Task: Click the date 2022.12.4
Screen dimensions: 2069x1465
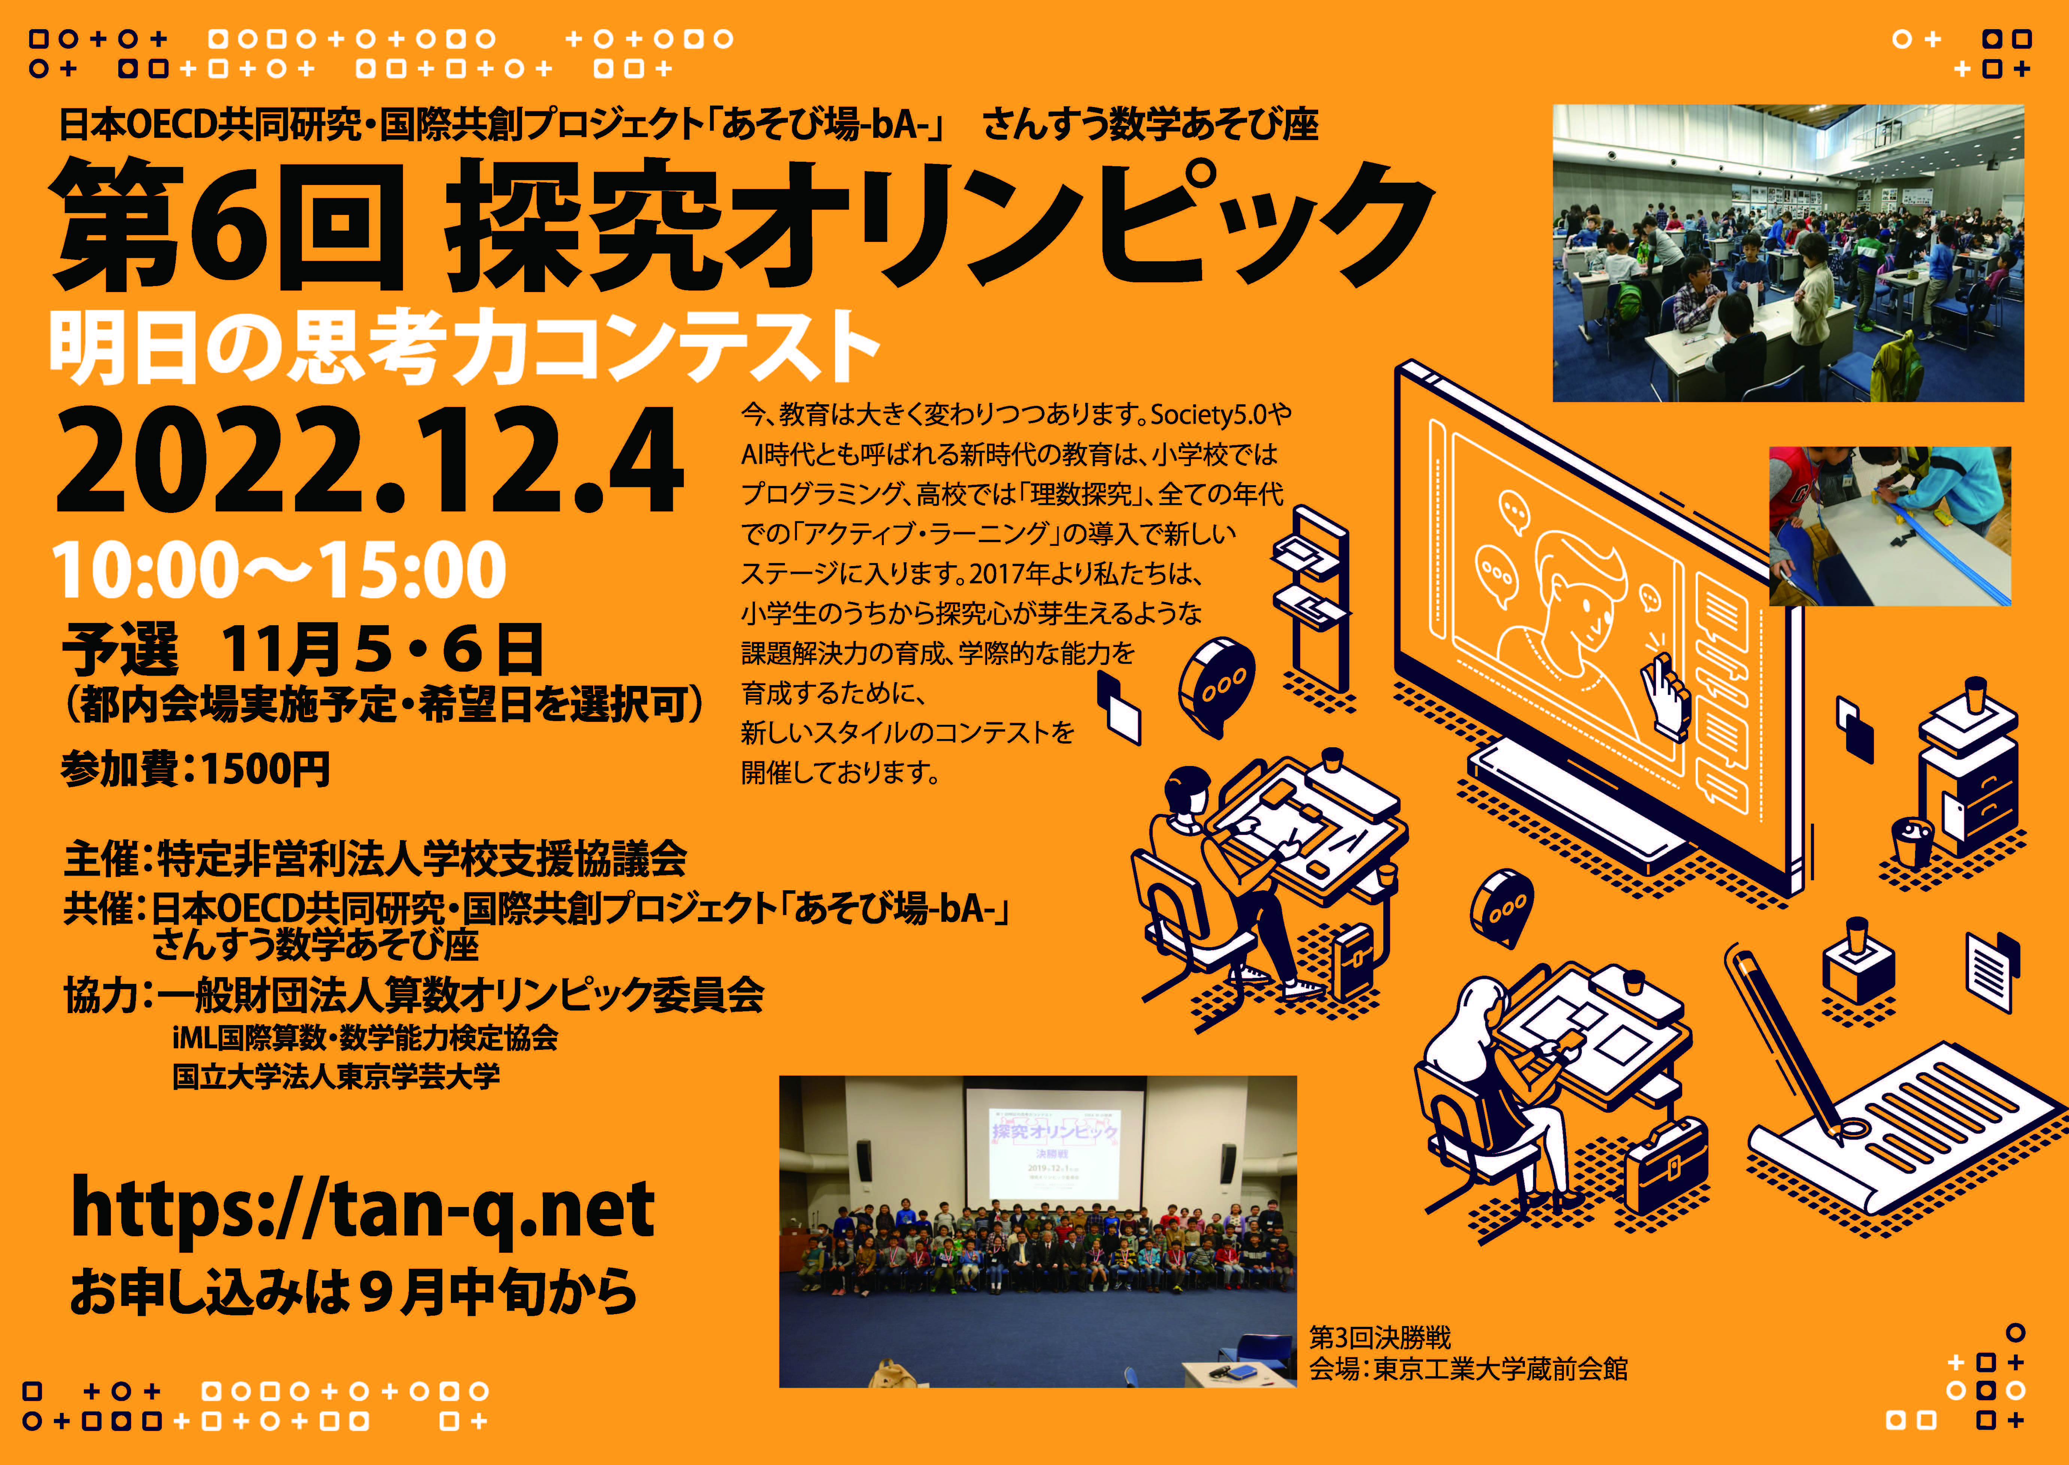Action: (370, 462)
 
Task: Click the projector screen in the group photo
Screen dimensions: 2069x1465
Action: (1054, 1146)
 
